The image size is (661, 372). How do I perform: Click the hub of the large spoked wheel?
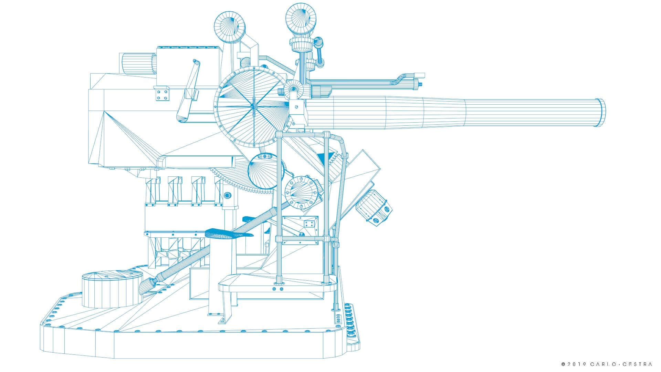[x=253, y=106]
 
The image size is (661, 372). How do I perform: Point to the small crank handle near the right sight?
[x=320, y=52]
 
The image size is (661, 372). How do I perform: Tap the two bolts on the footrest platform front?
[x=278, y=289]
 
